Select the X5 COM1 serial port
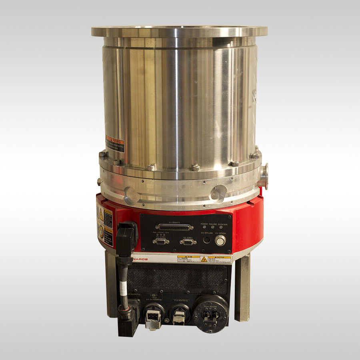(x=188, y=242)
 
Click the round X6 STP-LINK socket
(x=207, y=240)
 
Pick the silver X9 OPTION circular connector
(x=220, y=240)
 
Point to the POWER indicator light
(x=204, y=227)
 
